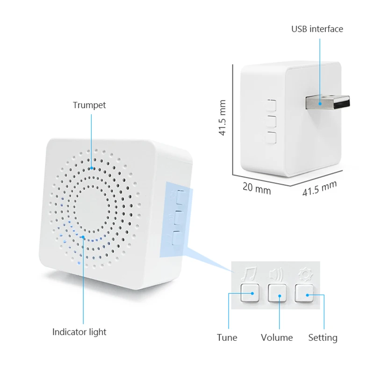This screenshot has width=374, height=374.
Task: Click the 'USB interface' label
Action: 317,29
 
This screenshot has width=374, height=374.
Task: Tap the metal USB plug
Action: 328,102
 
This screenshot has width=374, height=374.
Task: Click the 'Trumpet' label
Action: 89,105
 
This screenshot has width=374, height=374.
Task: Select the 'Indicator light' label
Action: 79,332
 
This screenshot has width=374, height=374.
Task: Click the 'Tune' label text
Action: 227,337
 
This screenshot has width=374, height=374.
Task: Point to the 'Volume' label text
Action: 277,337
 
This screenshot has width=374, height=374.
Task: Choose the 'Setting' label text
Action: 323,337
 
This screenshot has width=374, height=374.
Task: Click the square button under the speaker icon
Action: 276,293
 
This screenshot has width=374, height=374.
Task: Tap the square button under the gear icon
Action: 303,293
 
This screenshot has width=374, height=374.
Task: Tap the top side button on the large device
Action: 178,196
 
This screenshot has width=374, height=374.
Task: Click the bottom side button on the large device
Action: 176,239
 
